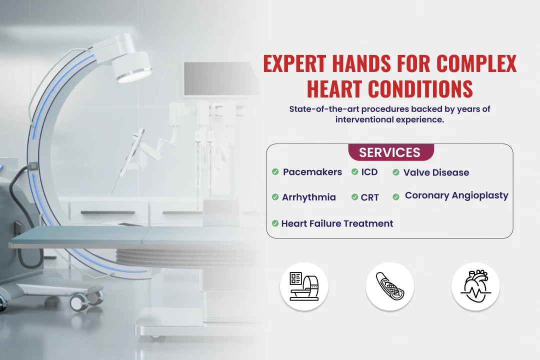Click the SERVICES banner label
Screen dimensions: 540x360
click(x=389, y=152)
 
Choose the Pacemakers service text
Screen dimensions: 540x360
click(x=312, y=172)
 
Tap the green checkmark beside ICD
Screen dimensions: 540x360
click(x=354, y=171)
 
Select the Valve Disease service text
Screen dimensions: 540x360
click(x=436, y=172)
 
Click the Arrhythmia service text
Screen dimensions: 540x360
click(x=309, y=197)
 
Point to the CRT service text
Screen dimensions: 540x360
click(x=370, y=197)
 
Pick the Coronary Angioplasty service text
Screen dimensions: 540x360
click(x=456, y=195)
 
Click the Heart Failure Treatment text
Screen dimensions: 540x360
click(x=337, y=223)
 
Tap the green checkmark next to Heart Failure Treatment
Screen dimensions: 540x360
click(x=275, y=223)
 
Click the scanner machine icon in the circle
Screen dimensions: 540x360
click(x=304, y=286)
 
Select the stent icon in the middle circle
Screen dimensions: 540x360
click(x=390, y=286)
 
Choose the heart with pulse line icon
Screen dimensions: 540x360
click(x=475, y=286)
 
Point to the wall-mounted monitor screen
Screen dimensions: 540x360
click(x=220, y=79)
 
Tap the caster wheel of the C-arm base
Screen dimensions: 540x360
click(x=78, y=302)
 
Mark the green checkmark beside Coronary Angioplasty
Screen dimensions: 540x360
click(x=396, y=196)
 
